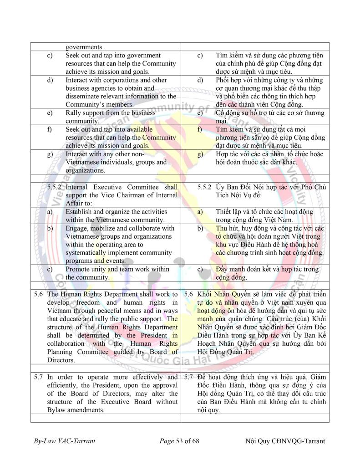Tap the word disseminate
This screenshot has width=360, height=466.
click(84, 97)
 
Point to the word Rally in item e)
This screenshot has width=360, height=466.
click(74, 113)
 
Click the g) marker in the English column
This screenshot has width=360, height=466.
click(50, 154)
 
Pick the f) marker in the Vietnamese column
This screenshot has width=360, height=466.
click(200, 129)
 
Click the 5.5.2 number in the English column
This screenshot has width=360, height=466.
click(56, 187)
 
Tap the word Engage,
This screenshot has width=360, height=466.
click(77, 228)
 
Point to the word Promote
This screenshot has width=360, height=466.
click(79, 269)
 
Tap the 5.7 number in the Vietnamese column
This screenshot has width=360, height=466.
click(189, 377)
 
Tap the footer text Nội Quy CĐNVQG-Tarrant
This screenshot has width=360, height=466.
click(285, 441)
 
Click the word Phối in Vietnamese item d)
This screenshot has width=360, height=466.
click(223, 80)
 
